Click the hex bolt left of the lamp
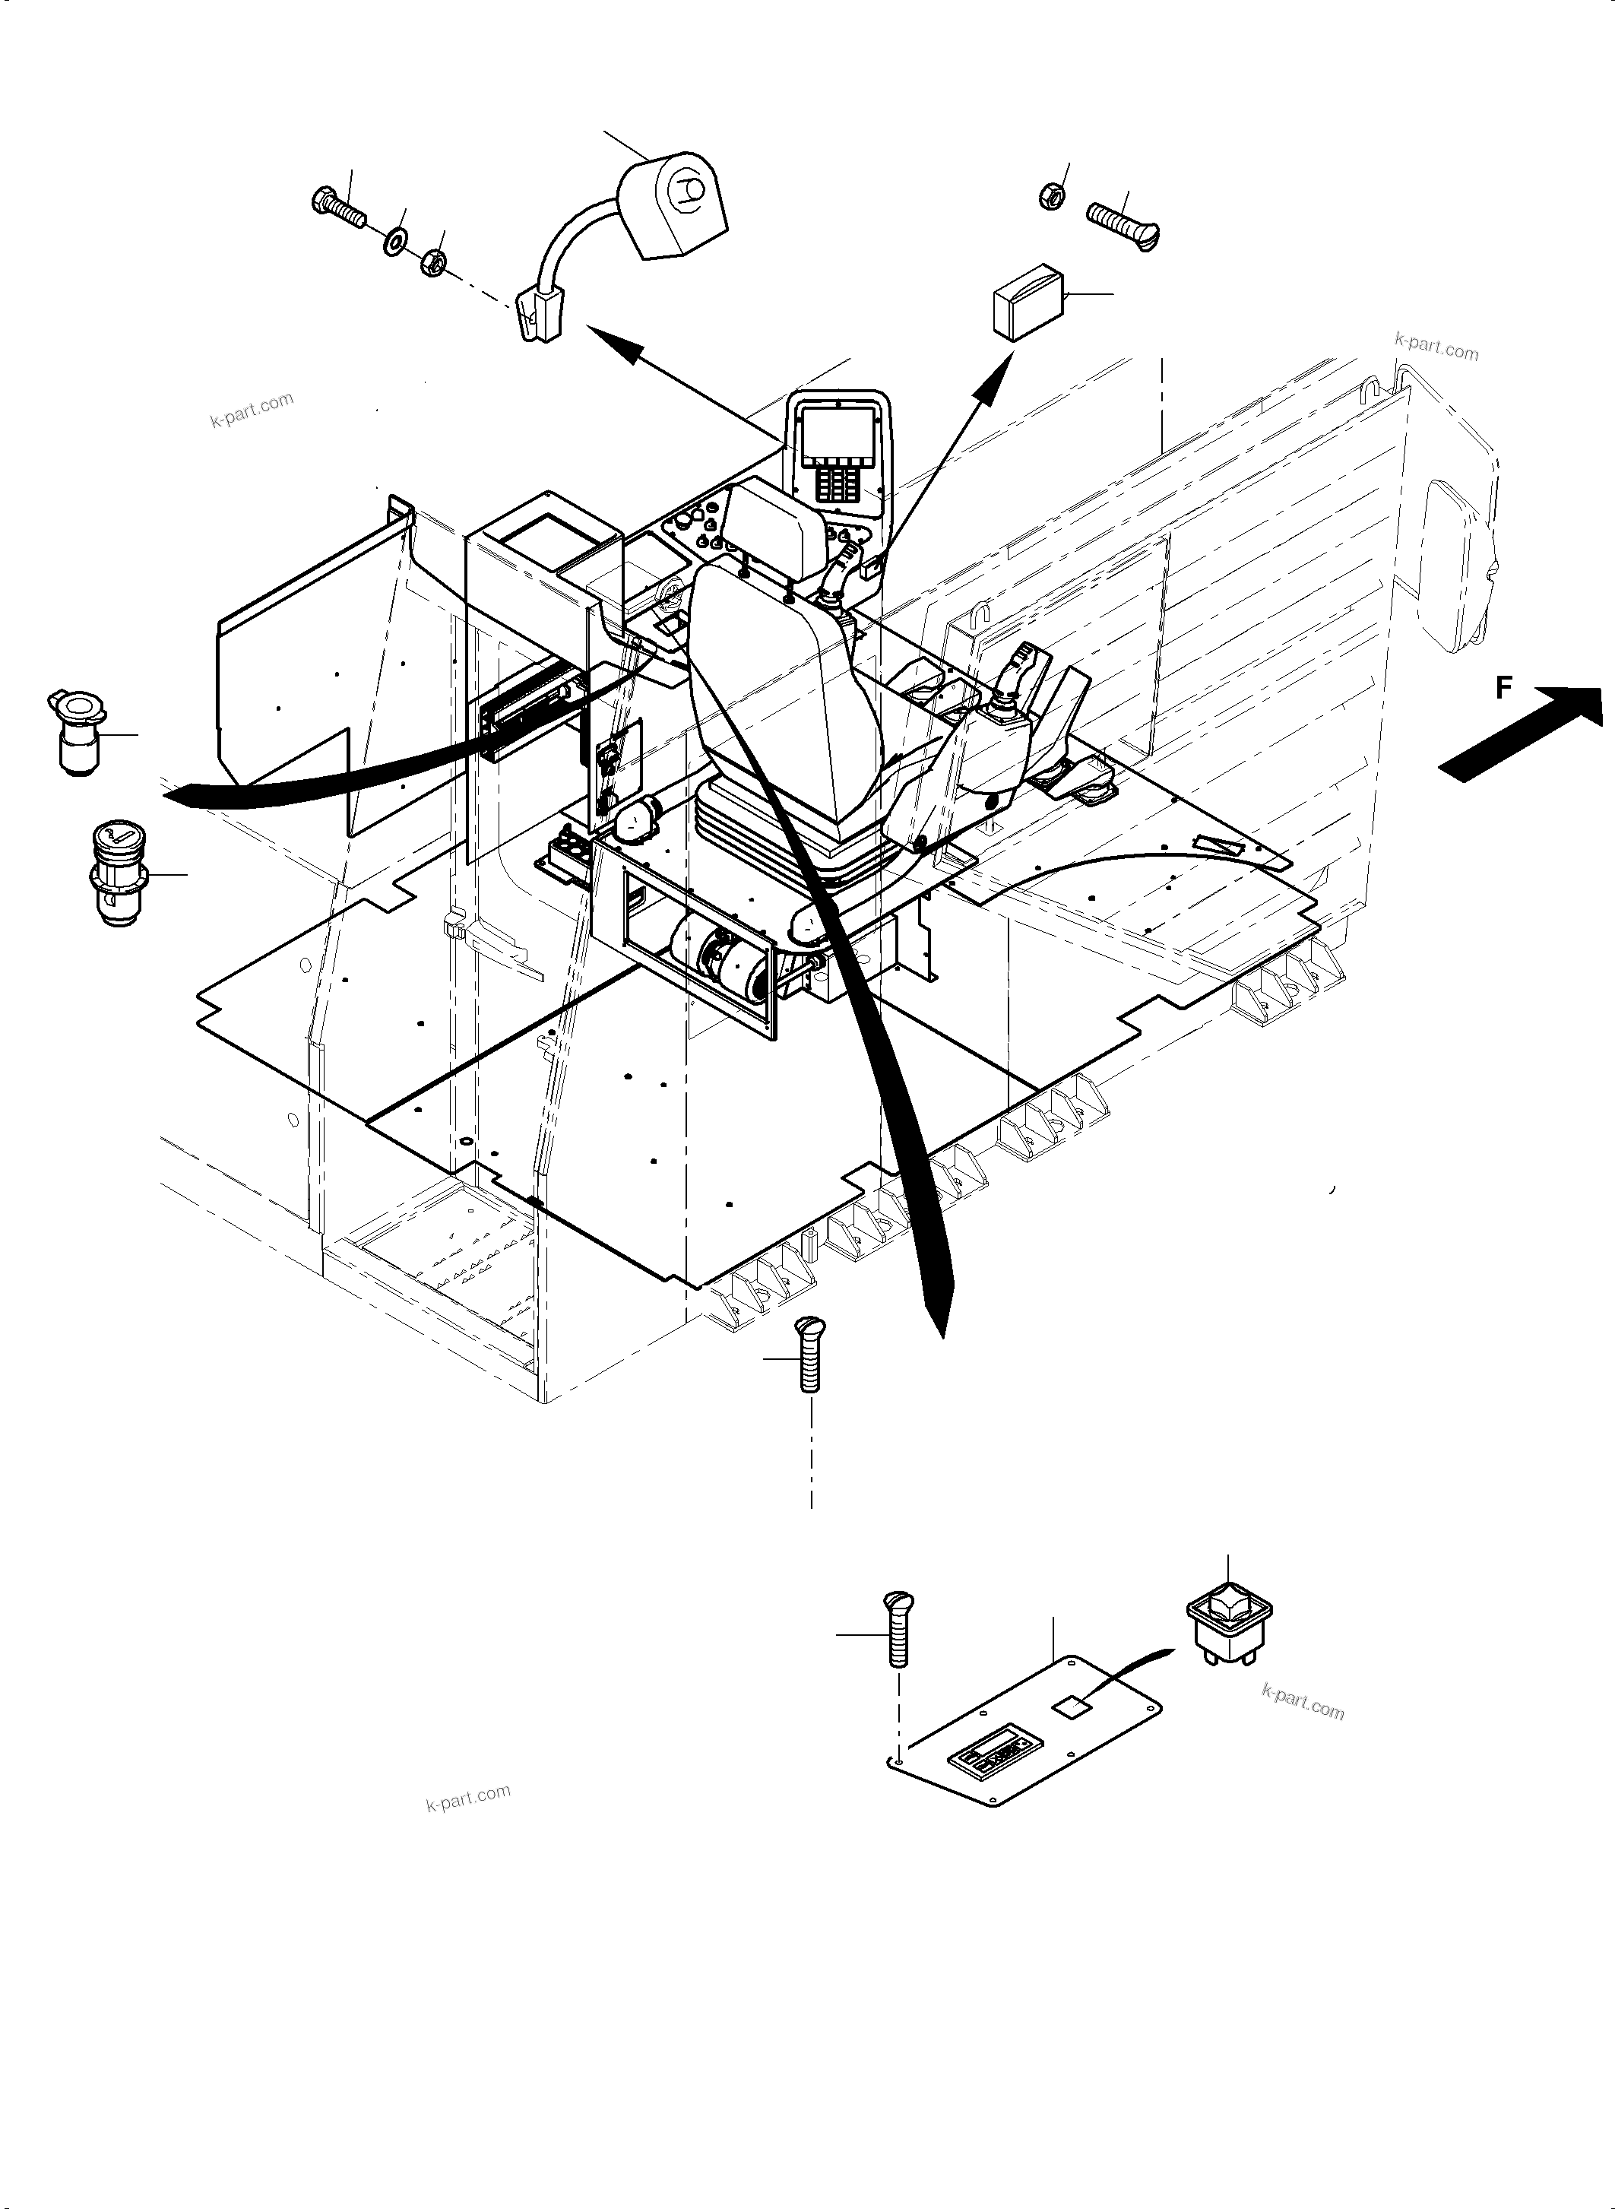(x=338, y=208)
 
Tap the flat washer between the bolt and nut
(x=396, y=238)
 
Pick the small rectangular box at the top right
(x=1029, y=301)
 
